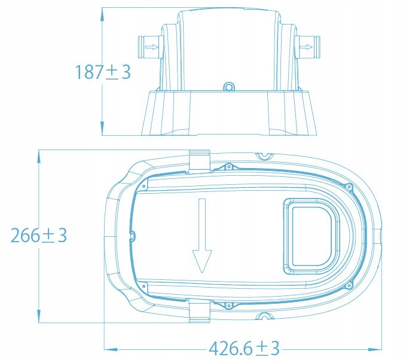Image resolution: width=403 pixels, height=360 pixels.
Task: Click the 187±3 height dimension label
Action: click(103, 72)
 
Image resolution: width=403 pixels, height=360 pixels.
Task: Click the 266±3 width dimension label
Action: click(39, 235)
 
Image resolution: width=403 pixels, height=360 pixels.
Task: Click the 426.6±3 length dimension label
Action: click(244, 349)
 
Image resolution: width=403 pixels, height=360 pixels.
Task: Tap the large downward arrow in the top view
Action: click(202, 236)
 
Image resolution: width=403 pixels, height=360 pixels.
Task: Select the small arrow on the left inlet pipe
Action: click(152, 47)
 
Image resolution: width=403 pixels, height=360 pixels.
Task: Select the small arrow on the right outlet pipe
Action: click(306, 47)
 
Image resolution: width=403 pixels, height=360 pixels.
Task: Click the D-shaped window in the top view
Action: click(312, 236)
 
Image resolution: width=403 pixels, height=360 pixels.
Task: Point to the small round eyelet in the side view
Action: click(228, 87)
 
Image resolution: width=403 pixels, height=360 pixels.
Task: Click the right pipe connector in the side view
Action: click(307, 47)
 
